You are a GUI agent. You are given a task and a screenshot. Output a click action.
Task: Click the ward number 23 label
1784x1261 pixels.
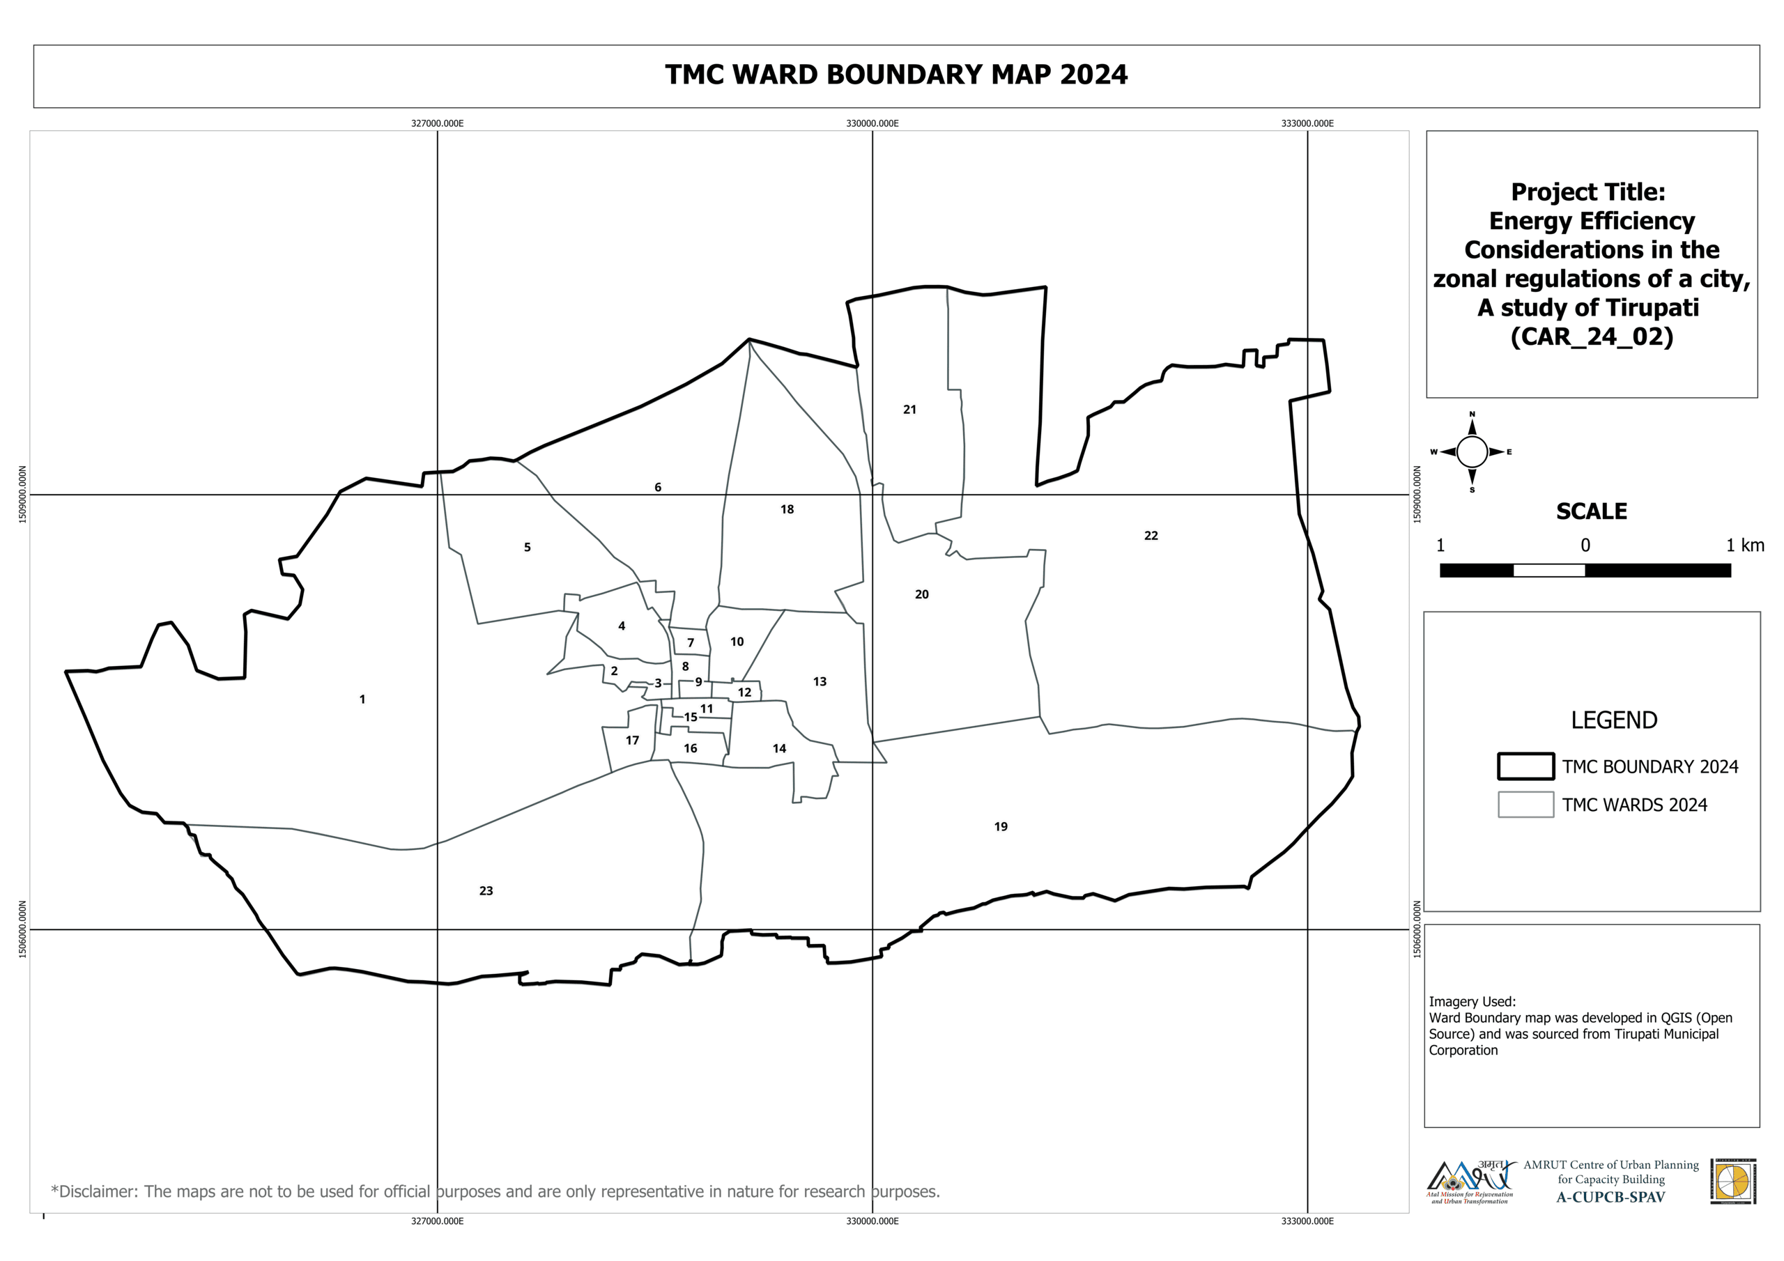[x=486, y=891]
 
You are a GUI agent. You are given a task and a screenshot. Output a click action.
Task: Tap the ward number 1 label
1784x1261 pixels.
[x=362, y=699]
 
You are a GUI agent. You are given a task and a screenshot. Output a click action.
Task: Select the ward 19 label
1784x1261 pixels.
[x=1001, y=827]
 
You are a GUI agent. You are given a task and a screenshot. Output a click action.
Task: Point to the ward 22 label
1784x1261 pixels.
[x=1151, y=535]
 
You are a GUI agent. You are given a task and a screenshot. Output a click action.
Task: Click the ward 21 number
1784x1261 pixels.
[x=909, y=410]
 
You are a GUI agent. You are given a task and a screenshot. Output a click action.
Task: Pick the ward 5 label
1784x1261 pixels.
[x=527, y=547]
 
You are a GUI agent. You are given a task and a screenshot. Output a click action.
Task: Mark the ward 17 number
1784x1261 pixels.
[x=633, y=741]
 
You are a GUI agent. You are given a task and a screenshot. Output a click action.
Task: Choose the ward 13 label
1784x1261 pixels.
[x=820, y=681]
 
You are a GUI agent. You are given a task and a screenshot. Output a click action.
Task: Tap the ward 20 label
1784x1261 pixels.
[x=921, y=594]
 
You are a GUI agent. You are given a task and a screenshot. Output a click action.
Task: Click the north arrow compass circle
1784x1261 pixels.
[x=1472, y=451]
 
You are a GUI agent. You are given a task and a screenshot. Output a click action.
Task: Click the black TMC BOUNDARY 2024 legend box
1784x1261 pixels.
[x=1525, y=766]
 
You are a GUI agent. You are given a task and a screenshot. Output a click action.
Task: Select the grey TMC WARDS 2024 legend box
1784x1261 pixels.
[x=1525, y=805]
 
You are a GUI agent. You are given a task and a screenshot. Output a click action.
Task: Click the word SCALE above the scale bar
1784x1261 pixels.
[x=1591, y=511]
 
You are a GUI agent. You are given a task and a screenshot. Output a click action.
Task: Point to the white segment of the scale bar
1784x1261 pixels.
[x=1548, y=571]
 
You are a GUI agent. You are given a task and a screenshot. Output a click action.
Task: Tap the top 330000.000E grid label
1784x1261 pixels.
[x=872, y=123]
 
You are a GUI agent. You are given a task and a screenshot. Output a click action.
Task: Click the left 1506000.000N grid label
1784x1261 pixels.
[x=22, y=929]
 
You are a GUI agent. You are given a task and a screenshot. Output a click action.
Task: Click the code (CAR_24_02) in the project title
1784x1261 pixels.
[x=1591, y=336]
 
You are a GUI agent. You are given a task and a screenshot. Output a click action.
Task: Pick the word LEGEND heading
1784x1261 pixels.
[x=1614, y=720]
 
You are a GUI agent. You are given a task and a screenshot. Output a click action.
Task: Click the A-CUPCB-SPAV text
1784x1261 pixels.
[x=1610, y=1198]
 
